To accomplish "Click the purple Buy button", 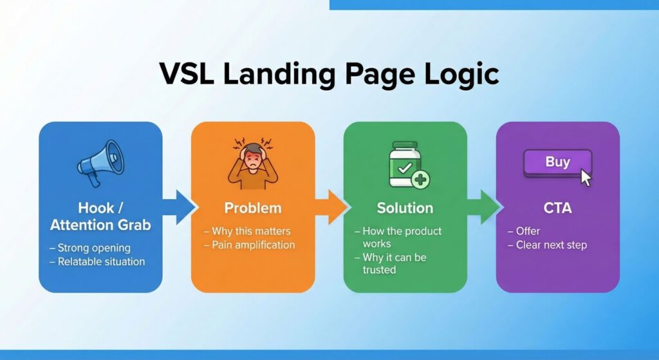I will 557,163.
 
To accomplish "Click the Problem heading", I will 253,208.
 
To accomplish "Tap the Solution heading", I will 405,208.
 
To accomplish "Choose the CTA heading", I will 557,208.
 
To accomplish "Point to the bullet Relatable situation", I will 100,261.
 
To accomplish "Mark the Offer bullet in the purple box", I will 528,231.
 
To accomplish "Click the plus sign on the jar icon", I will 421,179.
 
